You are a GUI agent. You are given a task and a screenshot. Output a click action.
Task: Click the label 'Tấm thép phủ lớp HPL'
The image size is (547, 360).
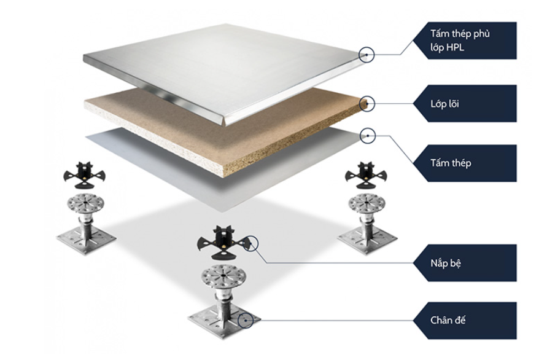(464, 41)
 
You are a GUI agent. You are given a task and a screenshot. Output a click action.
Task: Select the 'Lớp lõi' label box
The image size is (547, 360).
(464, 103)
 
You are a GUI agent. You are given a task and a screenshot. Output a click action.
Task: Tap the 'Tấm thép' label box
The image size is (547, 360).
(464, 163)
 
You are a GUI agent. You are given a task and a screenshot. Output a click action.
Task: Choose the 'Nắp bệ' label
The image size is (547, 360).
(464, 262)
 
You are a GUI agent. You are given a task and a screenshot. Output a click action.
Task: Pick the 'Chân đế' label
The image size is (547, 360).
(464, 320)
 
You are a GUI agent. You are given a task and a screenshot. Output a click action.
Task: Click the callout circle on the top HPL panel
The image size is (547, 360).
(367, 55)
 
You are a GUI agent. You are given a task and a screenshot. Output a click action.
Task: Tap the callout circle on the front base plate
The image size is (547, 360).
(247, 319)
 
